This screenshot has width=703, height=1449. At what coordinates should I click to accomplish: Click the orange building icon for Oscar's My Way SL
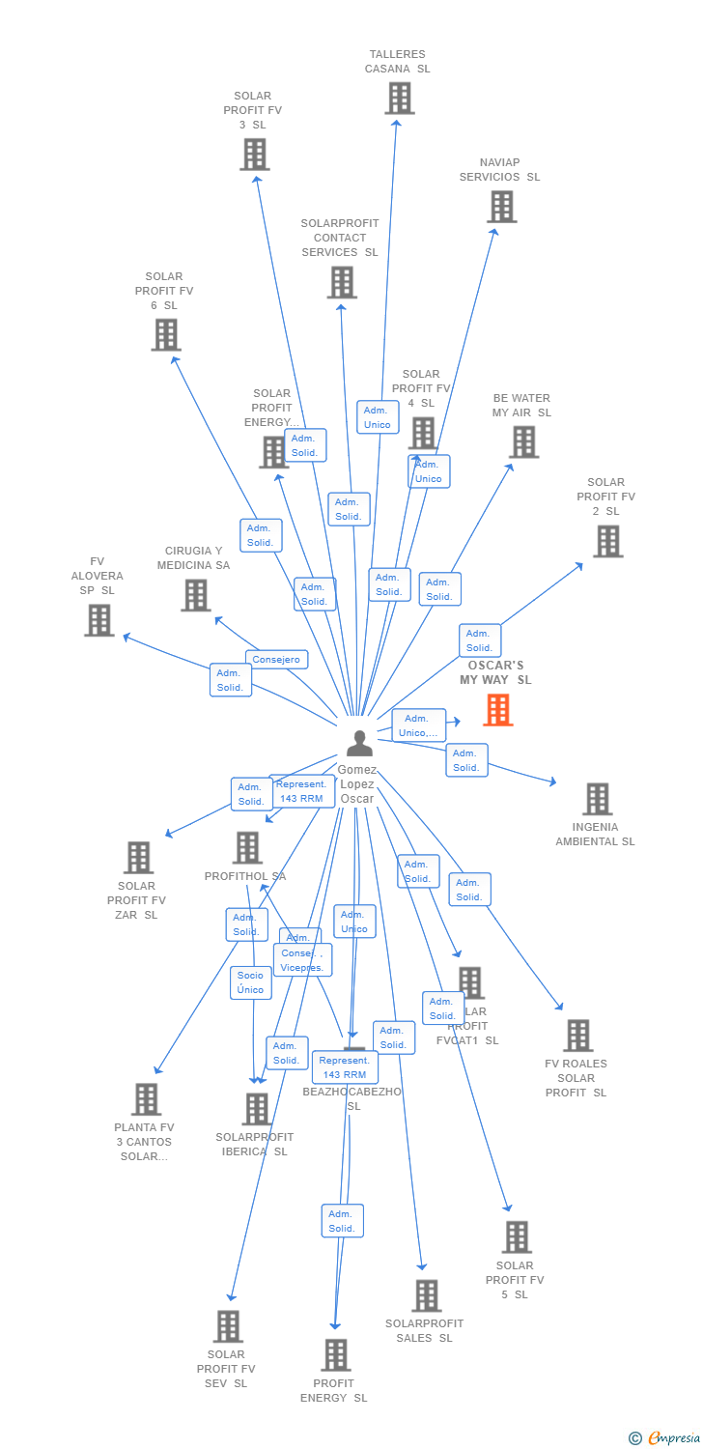497,710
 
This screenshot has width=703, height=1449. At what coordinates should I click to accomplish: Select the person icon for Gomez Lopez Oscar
359,743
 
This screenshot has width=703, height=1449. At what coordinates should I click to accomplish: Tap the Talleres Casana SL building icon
399,99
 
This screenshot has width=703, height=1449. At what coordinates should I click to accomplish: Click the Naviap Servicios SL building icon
501,207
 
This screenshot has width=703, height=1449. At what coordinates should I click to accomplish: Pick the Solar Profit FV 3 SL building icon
254,155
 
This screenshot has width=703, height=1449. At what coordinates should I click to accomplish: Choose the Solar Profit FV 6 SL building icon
166,335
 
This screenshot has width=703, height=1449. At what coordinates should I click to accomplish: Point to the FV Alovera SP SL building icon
98,620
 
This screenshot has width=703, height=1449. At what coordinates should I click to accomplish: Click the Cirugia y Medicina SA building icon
195,595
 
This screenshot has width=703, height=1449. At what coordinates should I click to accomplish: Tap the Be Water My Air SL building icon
523,442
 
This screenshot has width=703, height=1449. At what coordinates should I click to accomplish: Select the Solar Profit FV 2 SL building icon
607,542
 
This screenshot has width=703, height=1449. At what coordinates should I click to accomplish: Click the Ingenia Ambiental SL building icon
597,799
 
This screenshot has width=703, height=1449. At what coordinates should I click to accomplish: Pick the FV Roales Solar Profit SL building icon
577,1036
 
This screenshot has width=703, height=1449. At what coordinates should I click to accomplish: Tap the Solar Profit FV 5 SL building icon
517,1237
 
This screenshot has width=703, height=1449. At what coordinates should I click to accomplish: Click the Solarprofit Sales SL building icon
426,1295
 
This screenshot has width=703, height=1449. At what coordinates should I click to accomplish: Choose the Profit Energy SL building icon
335,1354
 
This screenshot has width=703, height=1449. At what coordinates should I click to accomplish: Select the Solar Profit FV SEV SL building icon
227,1326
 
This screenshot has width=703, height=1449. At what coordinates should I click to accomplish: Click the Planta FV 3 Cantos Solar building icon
146,1099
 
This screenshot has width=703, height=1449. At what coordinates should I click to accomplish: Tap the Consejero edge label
277,660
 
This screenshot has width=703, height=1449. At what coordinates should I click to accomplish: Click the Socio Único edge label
250,982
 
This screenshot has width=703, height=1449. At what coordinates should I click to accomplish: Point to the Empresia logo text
673,1438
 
